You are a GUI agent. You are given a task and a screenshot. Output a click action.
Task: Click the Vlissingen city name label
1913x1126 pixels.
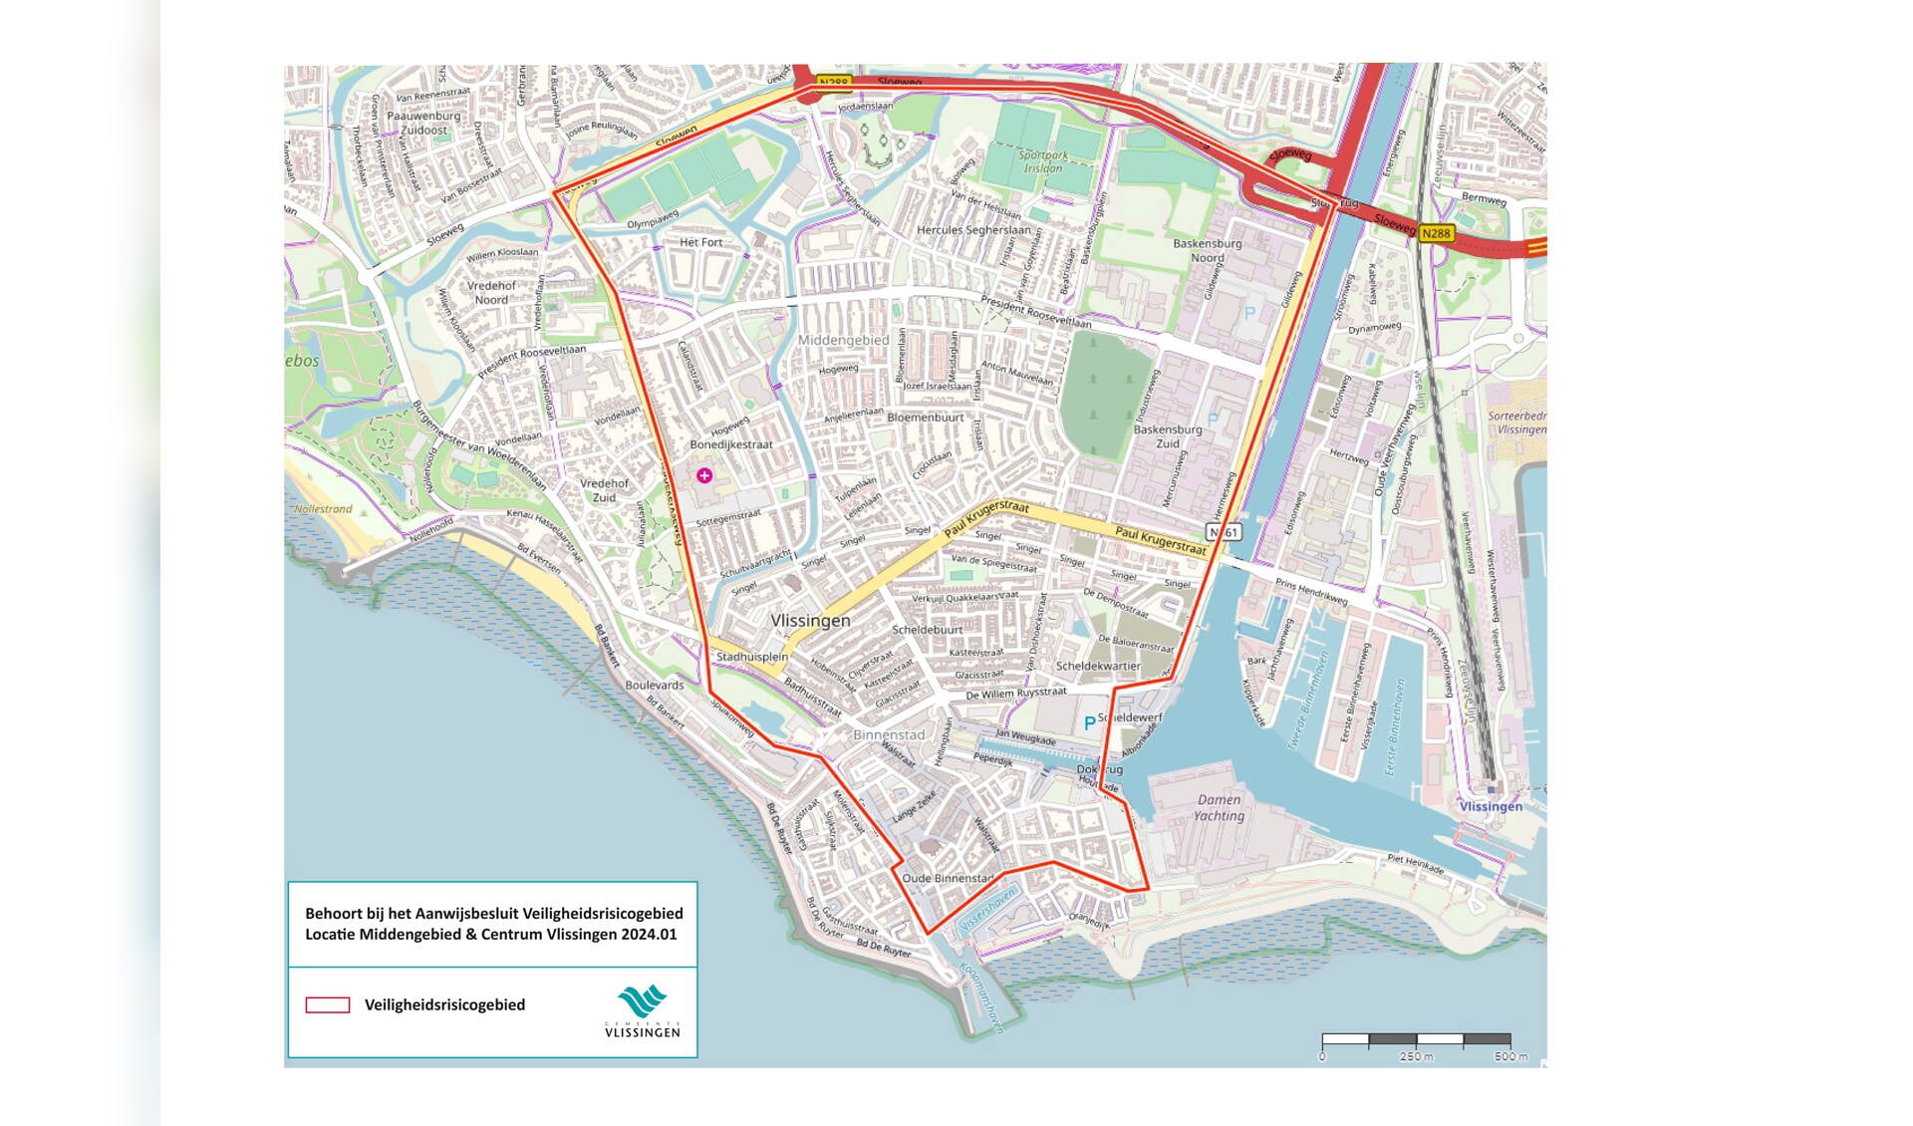click(810, 620)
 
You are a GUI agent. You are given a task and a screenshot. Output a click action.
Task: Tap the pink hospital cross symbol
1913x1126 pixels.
click(704, 475)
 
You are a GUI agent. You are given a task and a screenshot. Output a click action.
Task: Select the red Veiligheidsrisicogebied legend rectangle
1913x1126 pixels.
click(328, 1004)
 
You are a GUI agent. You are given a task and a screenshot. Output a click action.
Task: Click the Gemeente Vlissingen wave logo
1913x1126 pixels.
click(642, 1001)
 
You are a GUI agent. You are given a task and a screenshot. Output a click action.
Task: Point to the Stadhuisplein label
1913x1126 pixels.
click(752, 657)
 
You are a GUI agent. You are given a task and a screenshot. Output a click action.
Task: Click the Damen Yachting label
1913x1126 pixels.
click(1220, 807)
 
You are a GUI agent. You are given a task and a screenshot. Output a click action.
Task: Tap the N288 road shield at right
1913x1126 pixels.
click(1436, 233)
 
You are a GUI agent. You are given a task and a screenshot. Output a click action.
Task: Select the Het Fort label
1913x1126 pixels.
click(700, 242)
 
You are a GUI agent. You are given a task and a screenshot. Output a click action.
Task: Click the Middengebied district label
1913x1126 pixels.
click(843, 340)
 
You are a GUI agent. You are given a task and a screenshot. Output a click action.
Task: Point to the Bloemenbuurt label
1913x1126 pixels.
click(926, 418)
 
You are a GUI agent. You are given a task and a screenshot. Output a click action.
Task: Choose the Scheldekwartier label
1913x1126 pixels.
click(1098, 666)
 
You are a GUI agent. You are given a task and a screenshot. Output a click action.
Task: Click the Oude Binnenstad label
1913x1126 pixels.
click(948, 878)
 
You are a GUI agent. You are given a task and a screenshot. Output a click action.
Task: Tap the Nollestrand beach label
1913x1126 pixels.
click(323, 509)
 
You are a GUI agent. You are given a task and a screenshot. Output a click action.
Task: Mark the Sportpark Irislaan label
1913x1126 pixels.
click(1043, 161)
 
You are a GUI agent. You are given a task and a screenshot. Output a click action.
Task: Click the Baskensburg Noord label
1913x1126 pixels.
click(1207, 250)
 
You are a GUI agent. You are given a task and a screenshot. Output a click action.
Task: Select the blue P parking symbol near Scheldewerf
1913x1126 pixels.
click(1089, 722)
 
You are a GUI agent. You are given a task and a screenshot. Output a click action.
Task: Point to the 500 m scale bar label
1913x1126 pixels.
click(1510, 1056)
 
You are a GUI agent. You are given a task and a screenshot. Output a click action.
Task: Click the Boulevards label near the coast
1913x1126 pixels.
click(655, 685)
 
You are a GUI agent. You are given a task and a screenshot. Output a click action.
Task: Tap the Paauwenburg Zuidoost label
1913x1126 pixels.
click(423, 123)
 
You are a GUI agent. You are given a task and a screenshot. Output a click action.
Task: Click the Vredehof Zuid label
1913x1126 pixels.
click(605, 490)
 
